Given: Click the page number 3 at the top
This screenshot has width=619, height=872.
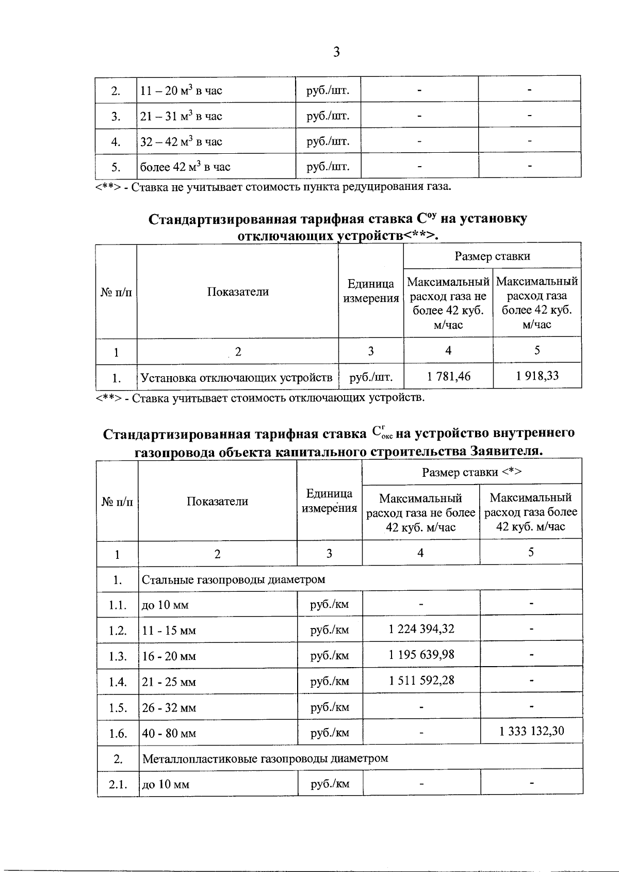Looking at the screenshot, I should pyautogui.click(x=336, y=52).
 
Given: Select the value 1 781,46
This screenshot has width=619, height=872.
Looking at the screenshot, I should pyautogui.click(x=448, y=376).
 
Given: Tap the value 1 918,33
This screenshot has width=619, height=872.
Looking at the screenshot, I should pyautogui.click(x=537, y=376).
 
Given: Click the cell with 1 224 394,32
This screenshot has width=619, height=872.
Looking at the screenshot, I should pyautogui.click(x=421, y=629).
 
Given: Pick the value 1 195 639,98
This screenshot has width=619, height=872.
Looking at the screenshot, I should pyautogui.click(x=421, y=655).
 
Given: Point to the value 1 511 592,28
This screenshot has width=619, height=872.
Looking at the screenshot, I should pyautogui.click(x=421, y=680).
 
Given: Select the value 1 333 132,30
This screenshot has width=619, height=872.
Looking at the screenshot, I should pyautogui.click(x=531, y=731).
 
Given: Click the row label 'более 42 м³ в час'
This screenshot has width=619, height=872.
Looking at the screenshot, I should pyautogui.click(x=186, y=167).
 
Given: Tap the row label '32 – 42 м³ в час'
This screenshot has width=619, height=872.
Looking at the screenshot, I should pyautogui.click(x=182, y=141).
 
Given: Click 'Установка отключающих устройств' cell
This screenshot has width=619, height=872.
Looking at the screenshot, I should pyautogui.click(x=237, y=378).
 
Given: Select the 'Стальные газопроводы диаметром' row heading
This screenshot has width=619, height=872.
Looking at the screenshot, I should pyautogui.click(x=234, y=579).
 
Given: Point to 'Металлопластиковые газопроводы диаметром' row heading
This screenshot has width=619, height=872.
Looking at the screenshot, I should pyautogui.click(x=265, y=758).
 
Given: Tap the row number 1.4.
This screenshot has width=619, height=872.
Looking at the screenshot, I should pyautogui.click(x=118, y=682).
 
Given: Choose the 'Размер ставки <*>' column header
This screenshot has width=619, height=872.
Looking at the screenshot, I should pyautogui.click(x=472, y=472).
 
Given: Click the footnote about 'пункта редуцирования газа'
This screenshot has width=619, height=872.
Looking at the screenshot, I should pyautogui.click(x=273, y=186).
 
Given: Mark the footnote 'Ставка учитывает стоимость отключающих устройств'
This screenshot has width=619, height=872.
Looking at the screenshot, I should pyautogui.click(x=260, y=397).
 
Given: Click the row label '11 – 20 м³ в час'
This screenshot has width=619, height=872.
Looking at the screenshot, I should pyautogui.click(x=182, y=91).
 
